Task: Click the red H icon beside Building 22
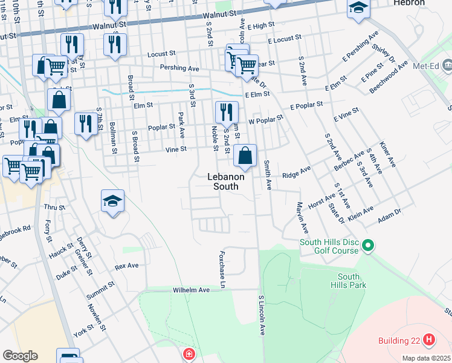coord(429,340)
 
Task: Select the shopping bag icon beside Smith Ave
coord(245,155)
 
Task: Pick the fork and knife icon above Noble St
coord(227,111)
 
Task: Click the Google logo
coord(20,356)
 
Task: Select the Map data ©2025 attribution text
coord(426,358)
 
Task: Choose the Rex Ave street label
coord(127,266)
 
